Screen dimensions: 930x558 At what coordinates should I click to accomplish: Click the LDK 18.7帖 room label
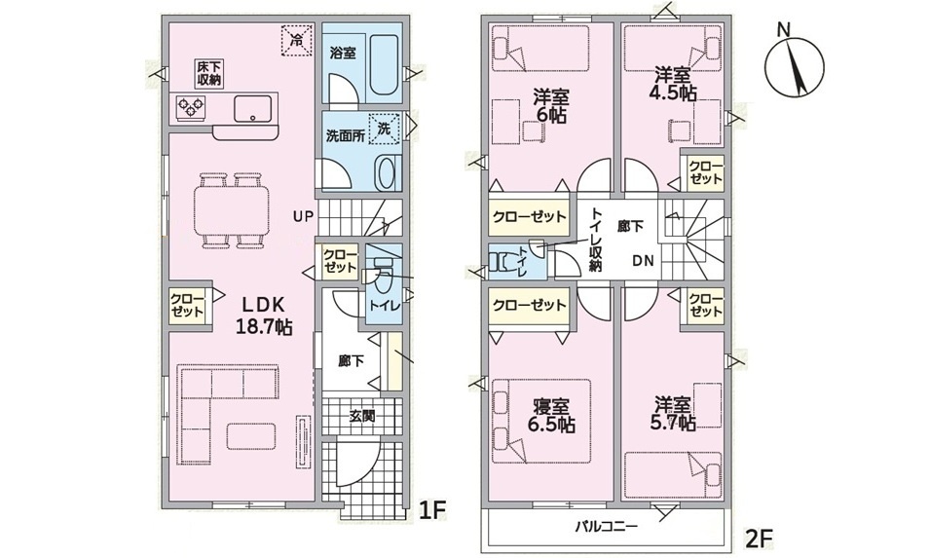click(264, 316)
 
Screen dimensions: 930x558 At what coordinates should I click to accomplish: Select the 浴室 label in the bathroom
click(343, 53)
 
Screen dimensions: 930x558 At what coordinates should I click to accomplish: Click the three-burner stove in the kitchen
click(191, 107)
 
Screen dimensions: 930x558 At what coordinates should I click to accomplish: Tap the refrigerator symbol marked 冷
click(296, 40)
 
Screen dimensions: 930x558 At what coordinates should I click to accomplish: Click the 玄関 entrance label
click(361, 416)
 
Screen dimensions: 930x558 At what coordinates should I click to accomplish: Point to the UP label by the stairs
click(303, 217)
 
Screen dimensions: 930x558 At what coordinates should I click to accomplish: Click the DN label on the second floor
click(643, 260)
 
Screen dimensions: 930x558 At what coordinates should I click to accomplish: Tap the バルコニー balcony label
click(606, 526)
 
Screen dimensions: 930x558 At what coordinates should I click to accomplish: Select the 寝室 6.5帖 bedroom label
click(551, 416)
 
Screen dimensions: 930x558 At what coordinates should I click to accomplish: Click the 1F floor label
click(432, 510)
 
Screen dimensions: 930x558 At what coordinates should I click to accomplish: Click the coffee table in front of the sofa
click(251, 437)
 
